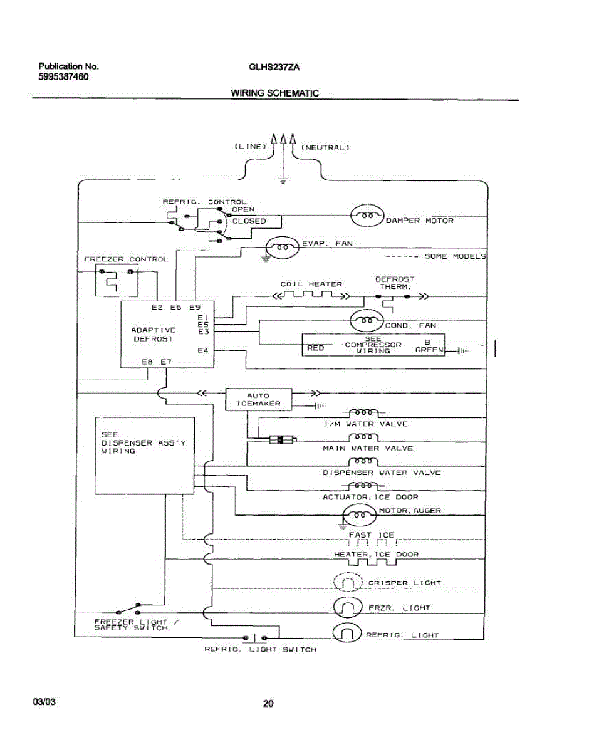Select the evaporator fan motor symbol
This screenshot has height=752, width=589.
coord(283,247)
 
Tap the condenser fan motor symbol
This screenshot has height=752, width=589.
coord(367,320)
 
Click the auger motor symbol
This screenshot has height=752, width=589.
coord(359,515)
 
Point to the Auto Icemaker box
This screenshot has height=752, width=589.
coord(258,400)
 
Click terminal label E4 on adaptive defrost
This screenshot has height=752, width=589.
coord(203,350)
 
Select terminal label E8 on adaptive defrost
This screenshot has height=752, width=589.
coord(147,362)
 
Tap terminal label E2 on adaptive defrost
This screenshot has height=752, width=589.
coord(157,307)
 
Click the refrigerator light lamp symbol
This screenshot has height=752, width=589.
coord(347,632)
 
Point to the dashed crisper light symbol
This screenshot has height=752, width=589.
coord(348,582)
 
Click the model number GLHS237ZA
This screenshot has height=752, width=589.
coord(274,67)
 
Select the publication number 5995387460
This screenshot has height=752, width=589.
coord(63,77)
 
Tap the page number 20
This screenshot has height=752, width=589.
coord(268,704)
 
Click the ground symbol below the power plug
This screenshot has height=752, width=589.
coord(283,180)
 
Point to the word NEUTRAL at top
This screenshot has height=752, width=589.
coord(325,148)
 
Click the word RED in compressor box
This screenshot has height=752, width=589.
coord(315,348)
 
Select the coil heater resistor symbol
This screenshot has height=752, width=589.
coord(311,296)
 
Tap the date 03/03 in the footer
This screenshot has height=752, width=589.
coord(44,702)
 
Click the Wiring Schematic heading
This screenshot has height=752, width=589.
coord(274,93)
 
